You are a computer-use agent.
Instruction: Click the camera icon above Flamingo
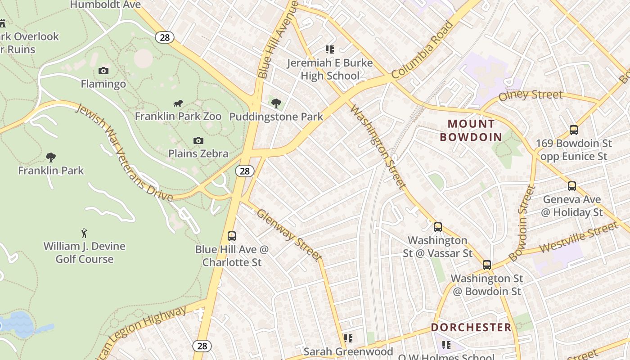point(103,71)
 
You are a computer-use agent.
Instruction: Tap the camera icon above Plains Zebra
point(198,140)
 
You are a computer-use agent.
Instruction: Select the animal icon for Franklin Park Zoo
point(178,103)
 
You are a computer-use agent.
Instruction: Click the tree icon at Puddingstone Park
point(276,103)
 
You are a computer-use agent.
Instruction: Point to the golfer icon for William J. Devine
point(84,233)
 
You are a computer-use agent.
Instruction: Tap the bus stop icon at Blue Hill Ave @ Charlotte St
point(231,236)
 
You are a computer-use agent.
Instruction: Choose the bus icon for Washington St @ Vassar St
point(437,227)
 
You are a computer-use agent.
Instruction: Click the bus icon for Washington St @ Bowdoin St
point(486,265)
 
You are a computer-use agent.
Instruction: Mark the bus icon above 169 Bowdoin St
point(573,130)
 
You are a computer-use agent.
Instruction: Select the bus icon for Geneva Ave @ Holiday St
point(571,186)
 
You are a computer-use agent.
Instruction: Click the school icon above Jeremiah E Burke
point(330,49)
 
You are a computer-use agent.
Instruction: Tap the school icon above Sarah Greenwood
point(348,338)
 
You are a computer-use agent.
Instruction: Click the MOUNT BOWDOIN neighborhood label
point(471,130)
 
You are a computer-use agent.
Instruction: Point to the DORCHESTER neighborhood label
point(471,327)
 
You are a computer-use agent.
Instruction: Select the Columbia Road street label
point(422,50)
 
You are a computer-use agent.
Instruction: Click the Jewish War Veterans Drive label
point(123,153)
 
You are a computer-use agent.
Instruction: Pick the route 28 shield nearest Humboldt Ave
point(165,37)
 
